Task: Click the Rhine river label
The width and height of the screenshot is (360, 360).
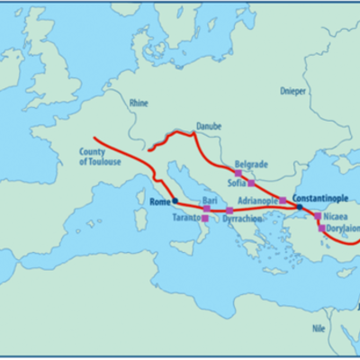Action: pyautogui.click(x=138, y=103)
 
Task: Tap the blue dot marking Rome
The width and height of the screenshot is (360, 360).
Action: pyautogui.click(x=175, y=202)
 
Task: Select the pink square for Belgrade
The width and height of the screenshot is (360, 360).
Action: pyautogui.click(x=238, y=173)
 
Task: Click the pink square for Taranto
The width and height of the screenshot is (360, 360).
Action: pyautogui.click(x=205, y=219)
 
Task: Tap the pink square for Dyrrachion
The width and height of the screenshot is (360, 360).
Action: pyautogui.click(x=229, y=211)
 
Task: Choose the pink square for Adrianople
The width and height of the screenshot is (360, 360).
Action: pyautogui.click(x=283, y=200)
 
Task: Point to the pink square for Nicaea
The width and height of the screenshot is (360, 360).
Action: pyautogui.click(x=317, y=216)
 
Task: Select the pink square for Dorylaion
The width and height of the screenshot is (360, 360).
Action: pyautogui.click(x=321, y=229)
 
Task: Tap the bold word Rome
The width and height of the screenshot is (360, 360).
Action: pyautogui.click(x=159, y=202)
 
